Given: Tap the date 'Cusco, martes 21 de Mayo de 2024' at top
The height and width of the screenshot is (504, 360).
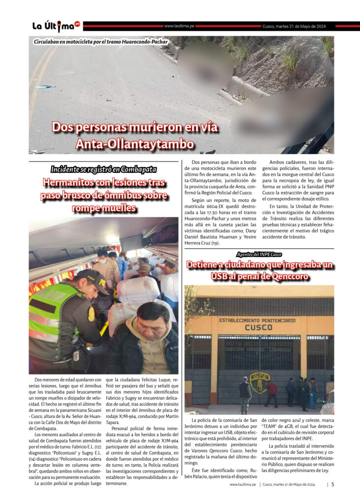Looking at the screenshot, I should click(294, 26).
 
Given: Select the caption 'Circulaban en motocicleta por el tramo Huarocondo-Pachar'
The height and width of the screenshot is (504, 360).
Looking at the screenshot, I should click(101, 42).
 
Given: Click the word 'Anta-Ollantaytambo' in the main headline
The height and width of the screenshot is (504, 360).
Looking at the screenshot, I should click(135, 144).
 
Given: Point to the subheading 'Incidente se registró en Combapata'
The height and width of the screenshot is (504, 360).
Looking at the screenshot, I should click(103, 169).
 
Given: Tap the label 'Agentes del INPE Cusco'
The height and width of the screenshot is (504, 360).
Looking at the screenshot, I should click(259, 254).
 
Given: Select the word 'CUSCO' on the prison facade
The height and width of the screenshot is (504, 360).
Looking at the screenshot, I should click(259, 327).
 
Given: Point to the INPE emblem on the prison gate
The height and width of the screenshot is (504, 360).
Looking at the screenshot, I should click(260, 382).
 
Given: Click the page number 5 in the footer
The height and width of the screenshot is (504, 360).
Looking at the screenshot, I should click(333, 484).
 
